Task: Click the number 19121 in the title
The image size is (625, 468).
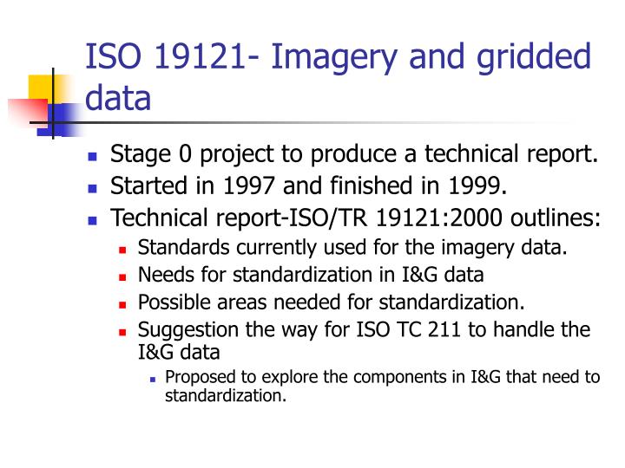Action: tap(200, 56)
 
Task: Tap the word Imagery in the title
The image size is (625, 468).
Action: tap(334, 59)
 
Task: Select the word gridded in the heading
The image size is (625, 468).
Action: tap(534, 59)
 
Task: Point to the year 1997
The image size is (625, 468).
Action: tap(248, 185)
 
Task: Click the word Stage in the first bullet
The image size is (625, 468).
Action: tap(141, 155)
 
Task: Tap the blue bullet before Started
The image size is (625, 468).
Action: tap(93, 188)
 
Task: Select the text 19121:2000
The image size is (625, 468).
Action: tap(439, 218)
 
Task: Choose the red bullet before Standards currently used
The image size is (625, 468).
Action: tap(122, 250)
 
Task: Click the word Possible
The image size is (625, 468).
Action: tap(175, 302)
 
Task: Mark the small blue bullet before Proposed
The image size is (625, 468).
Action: tap(152, 380)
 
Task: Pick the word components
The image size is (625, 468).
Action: tap(400, 378)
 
